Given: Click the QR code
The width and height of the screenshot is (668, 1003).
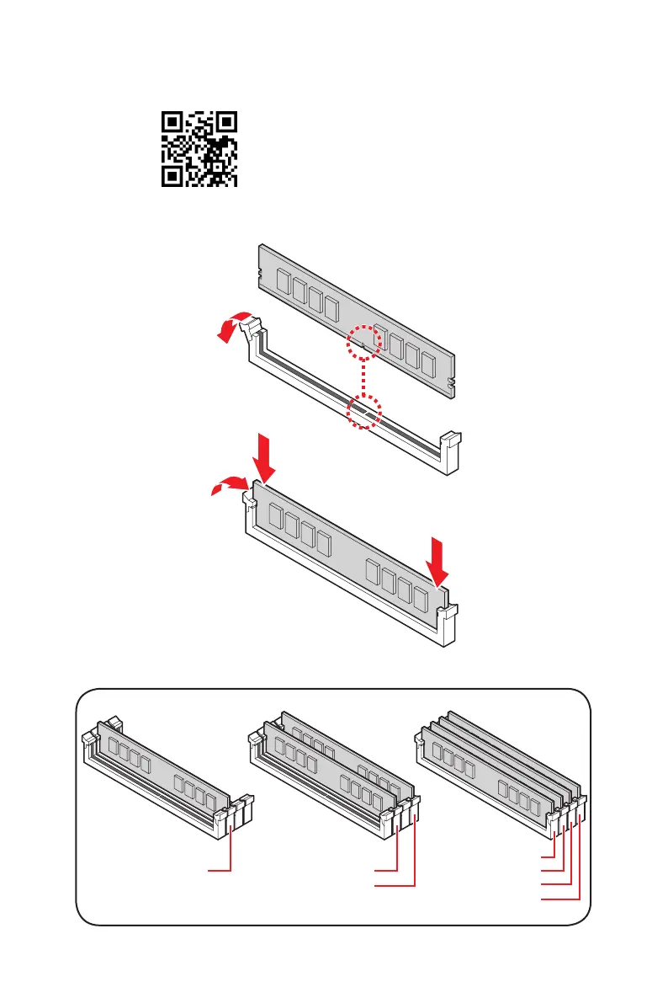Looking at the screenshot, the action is (199, 150).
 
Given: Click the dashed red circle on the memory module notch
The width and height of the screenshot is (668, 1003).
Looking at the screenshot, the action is (363, 342).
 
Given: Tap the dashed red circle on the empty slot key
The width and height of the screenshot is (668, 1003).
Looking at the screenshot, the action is (364, 413).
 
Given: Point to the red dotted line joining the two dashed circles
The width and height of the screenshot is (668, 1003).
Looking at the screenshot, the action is (363, 376).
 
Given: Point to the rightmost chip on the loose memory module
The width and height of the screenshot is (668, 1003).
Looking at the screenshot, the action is (428, 365).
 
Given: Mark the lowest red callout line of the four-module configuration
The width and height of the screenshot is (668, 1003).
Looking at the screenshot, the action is (560, 899).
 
